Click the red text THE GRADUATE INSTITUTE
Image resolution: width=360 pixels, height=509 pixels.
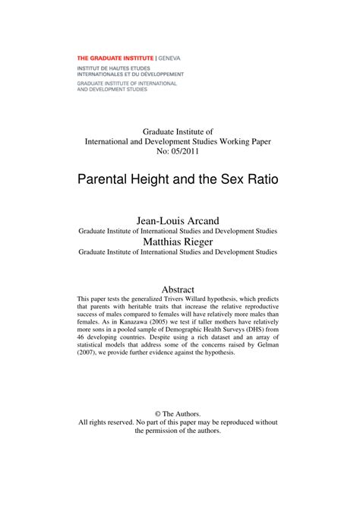[x=115, y=58]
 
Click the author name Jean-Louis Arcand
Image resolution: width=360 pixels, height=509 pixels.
[x=179, y=219]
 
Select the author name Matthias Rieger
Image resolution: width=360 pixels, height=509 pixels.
[x=179, y=241]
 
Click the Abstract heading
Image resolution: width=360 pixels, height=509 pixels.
[x=179, y=288]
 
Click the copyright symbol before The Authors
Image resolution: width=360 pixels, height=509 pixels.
[x=155, y=413]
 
